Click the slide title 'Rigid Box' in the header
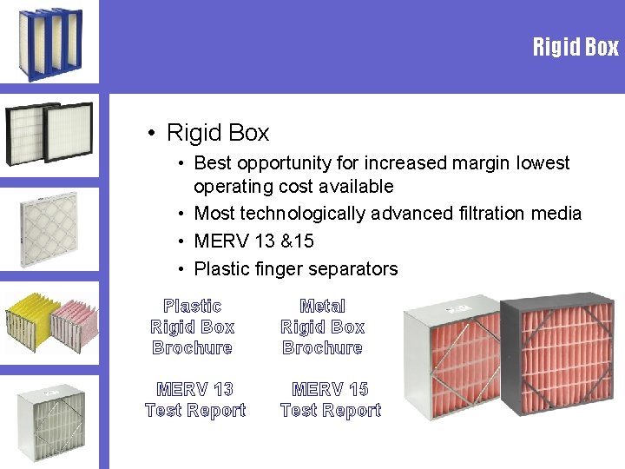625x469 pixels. (x=576, y=47)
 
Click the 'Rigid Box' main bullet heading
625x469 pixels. (x=217, y=133)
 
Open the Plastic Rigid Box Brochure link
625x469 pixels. (x=192, y=327)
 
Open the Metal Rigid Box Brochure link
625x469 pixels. (x=322, y=327)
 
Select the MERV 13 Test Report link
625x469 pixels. (x=195, y=400)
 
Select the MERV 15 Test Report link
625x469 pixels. (x=331, y=400)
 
